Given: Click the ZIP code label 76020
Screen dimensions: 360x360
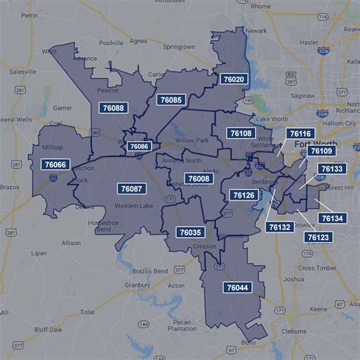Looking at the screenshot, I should pos(233,79).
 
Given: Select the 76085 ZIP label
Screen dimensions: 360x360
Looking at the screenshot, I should pos(170,99).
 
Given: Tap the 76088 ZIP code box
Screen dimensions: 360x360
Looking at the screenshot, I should pos(112,108).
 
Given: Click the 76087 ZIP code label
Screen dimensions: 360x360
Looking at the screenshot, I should pos(131,188).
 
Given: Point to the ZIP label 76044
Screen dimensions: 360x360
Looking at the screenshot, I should pos(236,288).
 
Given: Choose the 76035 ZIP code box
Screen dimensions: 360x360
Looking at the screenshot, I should pos(190,232).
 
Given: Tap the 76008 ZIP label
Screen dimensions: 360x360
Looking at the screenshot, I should pos(197,178).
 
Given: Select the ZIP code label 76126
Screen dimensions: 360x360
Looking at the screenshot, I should pos(244,195).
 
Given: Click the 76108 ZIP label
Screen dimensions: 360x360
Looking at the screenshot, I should pos(240,133).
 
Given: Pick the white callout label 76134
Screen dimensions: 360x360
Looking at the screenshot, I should pos(332,219).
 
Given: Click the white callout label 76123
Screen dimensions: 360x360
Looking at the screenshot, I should pos(318,237).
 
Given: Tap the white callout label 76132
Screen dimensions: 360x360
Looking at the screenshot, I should pos(279,226).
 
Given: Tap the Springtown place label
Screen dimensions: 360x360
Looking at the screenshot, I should pos(178,46).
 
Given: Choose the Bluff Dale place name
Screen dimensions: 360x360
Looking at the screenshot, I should pos(47,330).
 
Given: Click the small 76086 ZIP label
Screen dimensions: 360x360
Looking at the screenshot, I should pos(139,146).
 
